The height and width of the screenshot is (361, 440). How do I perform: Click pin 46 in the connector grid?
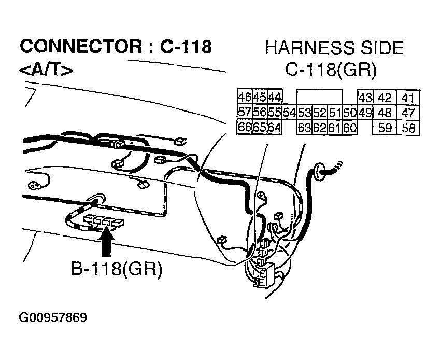point(244,97)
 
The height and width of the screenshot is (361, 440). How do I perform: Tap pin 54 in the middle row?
point(289,113)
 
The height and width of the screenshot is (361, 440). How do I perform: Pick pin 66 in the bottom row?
point(244,127)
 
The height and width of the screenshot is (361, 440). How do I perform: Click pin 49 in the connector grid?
point(365,113)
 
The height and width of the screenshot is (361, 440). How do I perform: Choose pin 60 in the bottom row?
point(350,128)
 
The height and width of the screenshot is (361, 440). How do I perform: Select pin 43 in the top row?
point(365,98)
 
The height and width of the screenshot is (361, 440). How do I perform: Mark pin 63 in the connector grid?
point(304,128)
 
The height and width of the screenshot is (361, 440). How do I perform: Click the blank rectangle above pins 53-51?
point(319,98)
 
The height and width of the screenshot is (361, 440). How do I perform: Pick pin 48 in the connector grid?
point(385,113)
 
